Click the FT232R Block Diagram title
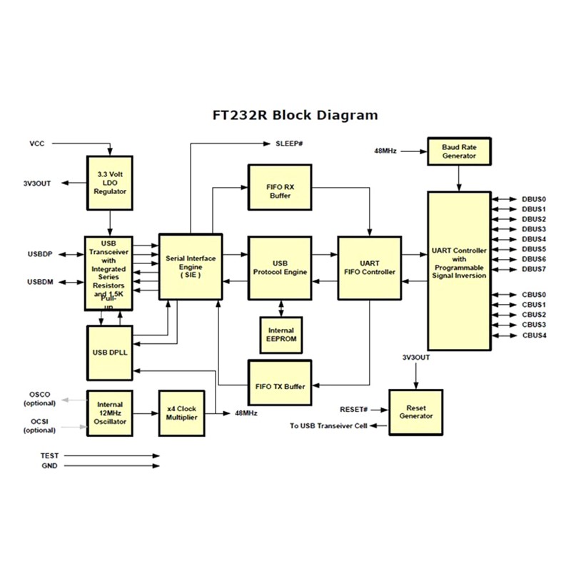pyautogui.click(x=295, y=115)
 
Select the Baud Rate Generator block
pyautogui.click(x=459, y=151)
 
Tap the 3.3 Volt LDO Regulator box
pyautogui.click(x=111, y=182)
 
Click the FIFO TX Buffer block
pyautogui.click(x=280, y=386)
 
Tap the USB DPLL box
pyautogui.click(x=111, y=353)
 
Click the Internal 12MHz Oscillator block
pyautogui.click(x=111, y=413)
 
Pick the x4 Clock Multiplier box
pyautogui.click(x=181, y=413)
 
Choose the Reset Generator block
pyautogui.click(x=415, y=410)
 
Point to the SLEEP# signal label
pyautogui.click(x=290, y=144)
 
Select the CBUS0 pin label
pyautogui.click(x=533, y=294)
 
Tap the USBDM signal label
pyautogui.click(x=41, y=282)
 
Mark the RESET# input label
pyautogui.click(x=354, y=409)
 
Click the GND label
pyautogui.click(x=49, y=466)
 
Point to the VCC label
pyautogui.click(x=37, y=143)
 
